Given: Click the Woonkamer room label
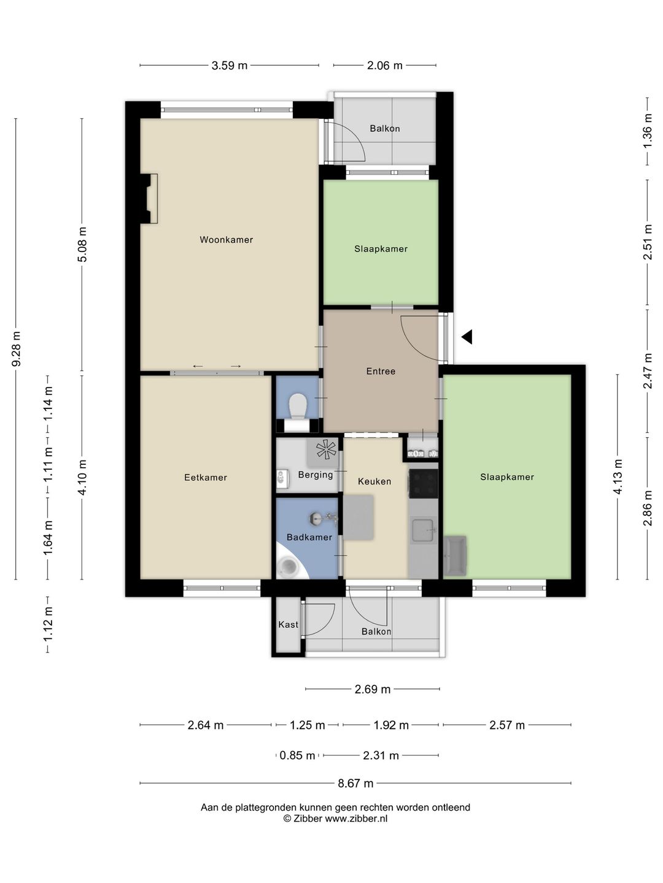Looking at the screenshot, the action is (x=227, y=240).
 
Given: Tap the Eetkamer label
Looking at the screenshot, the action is (x=206, y=478).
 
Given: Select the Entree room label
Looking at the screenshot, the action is (x=381, y=372).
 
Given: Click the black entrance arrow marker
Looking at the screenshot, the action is (x=467, y=337).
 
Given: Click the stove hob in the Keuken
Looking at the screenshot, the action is (x=424, y=483).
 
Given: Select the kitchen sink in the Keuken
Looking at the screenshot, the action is (x=423, y=530).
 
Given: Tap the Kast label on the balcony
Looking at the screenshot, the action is (x=289, y=624).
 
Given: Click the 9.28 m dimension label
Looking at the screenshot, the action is (x=16, y=349).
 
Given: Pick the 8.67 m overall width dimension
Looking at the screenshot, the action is (x=355, y=783).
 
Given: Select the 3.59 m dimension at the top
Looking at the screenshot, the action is (x=230, y=65).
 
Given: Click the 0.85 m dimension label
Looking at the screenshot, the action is (x=297, y=755).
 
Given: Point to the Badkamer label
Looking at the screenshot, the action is (x=309, y=537).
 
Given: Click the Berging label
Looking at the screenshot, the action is (x=316, y=475).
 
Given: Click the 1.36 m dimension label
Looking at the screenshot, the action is (x=647, y=131).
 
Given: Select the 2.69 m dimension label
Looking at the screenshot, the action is (x=373, y=689).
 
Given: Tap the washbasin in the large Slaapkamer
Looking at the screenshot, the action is (x=455, y=556).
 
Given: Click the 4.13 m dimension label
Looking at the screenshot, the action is (x=618, y=476).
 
